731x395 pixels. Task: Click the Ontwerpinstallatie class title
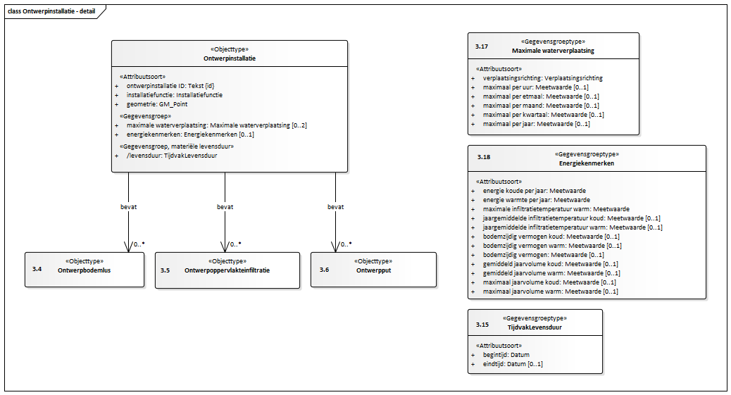click(x=230, y=58)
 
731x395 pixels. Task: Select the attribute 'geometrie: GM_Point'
click(x=157, y=104)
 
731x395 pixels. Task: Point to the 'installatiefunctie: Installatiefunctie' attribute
click(x=175, y=94)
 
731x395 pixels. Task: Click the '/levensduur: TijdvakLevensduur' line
click(x=172, y=156)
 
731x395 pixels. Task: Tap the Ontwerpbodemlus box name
click(x=85, y=270)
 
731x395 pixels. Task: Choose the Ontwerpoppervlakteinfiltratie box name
click(x=227, y=270)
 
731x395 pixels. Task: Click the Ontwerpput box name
click(x=373, y=270)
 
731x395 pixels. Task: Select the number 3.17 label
click(x=482, y=46)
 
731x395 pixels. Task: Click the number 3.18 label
click(x=483, y=157)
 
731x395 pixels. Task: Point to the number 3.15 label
click(x=482, y=324)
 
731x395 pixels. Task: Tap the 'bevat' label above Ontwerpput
click(x=335, y=206)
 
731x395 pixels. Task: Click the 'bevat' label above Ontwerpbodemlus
click(x=129, y=206)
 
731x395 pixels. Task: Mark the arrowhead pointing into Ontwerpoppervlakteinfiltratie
click(x=225, y=247)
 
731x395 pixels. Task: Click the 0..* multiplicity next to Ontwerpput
click(x=346, y=244)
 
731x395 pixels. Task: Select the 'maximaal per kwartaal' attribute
click(x=543, y=115)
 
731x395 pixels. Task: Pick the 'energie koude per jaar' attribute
click(x=535, y=191)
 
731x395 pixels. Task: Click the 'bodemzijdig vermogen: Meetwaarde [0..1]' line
click(x=543, y=255)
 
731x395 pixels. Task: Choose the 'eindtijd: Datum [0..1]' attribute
click(x=513, y=364)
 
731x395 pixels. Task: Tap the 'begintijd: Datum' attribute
click(x=506, y=354)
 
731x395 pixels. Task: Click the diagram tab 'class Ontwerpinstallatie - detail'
click(x=51, y=11)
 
